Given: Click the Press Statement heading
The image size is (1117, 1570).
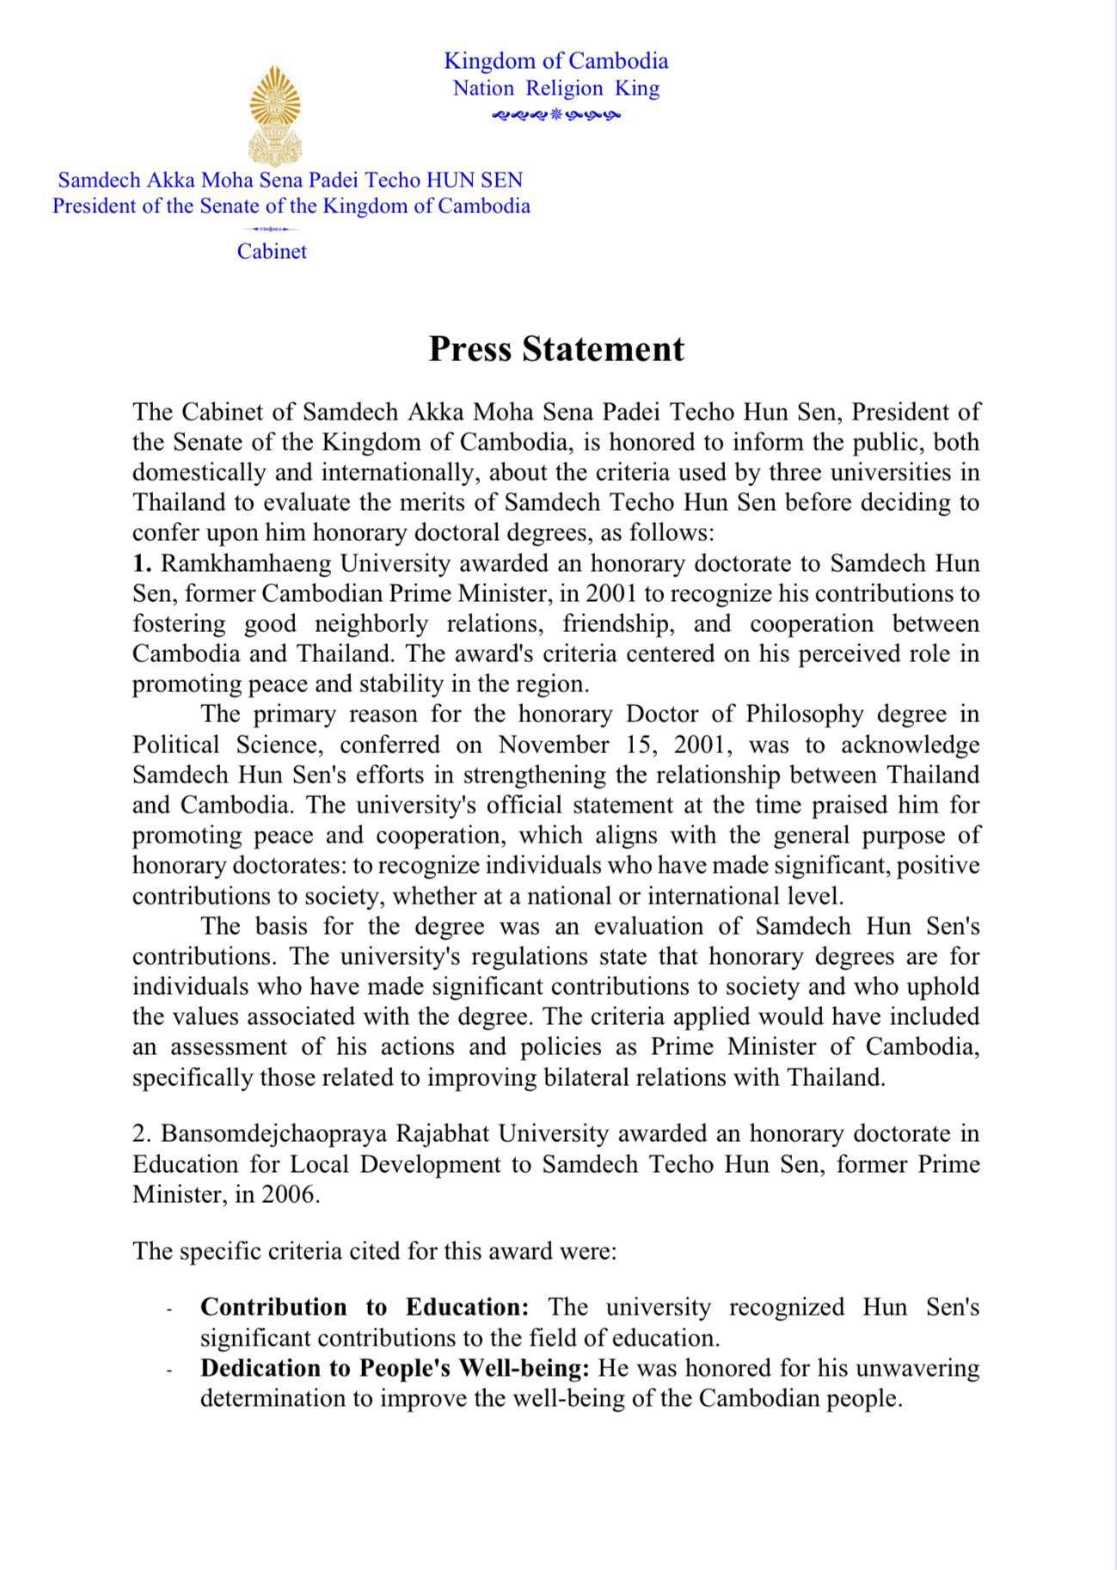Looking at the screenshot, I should [556, 349].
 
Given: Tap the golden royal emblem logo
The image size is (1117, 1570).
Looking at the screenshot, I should [274, 116].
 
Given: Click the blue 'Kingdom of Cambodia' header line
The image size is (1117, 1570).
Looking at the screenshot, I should [555, 61].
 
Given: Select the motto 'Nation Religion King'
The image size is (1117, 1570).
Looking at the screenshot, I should [555, 89].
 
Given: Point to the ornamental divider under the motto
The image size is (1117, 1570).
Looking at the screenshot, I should [555, 114].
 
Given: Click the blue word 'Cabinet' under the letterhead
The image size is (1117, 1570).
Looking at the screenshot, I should [272, 252].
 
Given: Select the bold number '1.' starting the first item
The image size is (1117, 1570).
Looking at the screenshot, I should [142, 564].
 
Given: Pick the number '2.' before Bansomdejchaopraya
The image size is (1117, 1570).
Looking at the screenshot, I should [141, 1134].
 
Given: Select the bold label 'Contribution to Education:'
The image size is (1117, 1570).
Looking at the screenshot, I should [365, 1308].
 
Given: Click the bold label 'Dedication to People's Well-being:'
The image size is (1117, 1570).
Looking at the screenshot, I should [395, 1368].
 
